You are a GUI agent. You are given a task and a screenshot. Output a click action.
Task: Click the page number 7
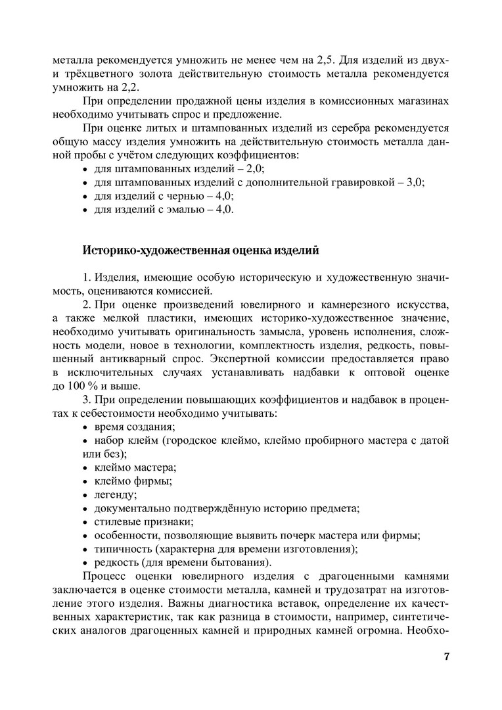447,657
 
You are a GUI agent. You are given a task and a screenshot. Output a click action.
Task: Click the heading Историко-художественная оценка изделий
200,250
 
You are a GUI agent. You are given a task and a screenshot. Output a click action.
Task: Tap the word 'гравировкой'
357,182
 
